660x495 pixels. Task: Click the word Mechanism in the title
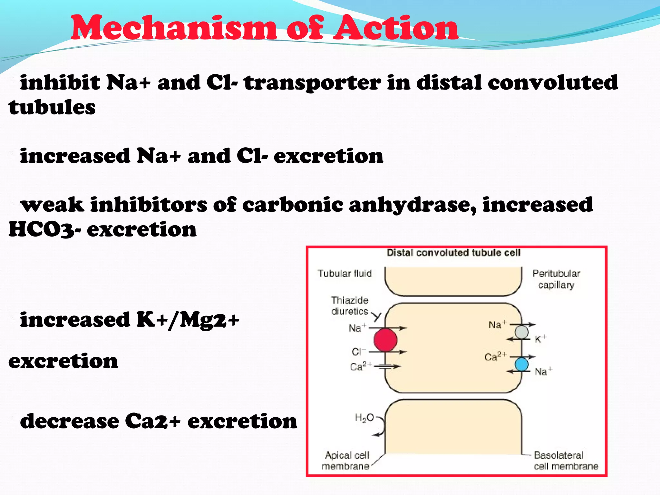click(x=173, y=28)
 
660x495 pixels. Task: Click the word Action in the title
click(x=395, y=28)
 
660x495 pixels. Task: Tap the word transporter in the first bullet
click(x=312, y=83)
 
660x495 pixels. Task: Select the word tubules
click(x=52, y=107)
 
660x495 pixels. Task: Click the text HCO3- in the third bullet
click(x=44, y=229)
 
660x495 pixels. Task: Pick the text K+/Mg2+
click(x=188, y=320)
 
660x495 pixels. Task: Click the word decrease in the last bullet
click(x=69, y=421)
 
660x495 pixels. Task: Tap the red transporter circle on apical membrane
click(x=385, y=340)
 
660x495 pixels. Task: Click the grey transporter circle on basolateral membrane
click(x=521, y=332)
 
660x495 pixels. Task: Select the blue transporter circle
click(x=521, y=364)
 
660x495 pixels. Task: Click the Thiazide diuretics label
click(x=349, y=306)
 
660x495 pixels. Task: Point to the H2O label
click(x=364, y=418)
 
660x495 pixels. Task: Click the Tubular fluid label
click(x=345, y=274)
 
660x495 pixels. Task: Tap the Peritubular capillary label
click(x=556, y=279)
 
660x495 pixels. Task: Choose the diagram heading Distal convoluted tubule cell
click(x=453, y=253)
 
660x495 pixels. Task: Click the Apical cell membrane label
click(x=346, y=461)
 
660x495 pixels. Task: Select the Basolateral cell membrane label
click(x=565, y=461)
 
